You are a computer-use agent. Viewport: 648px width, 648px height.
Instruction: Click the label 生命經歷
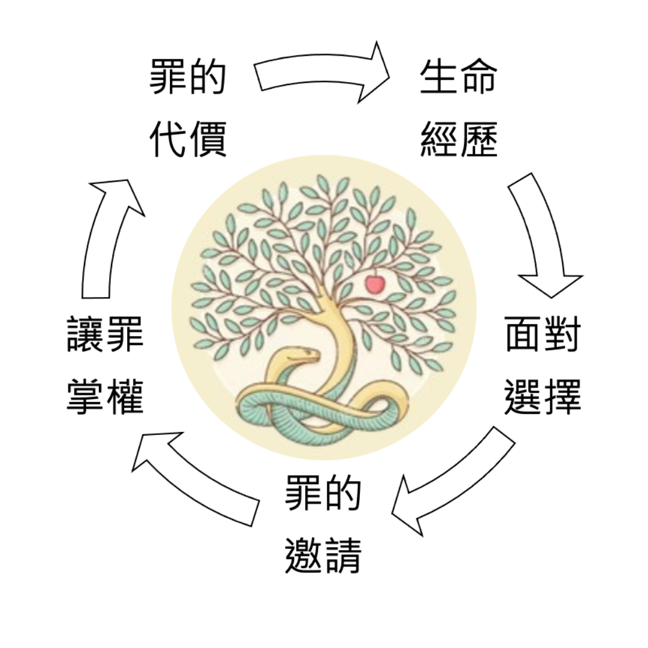click(x=459, y=109)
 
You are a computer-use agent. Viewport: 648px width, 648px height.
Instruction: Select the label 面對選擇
click(x=543, y=367)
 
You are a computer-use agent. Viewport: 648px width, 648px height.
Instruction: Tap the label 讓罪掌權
click(x=105, y=367)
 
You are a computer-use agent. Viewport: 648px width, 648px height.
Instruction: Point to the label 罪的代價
click(x=188, y=109)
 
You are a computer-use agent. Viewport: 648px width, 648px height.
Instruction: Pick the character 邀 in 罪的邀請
click(x=304, y=555)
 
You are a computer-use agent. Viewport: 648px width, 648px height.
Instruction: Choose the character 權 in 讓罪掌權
click(x=125, y=397)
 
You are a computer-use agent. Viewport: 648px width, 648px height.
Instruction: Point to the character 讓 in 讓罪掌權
click(x=86, y=335)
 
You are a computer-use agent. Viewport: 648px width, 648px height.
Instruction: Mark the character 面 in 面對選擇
click(x=523, y=335)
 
